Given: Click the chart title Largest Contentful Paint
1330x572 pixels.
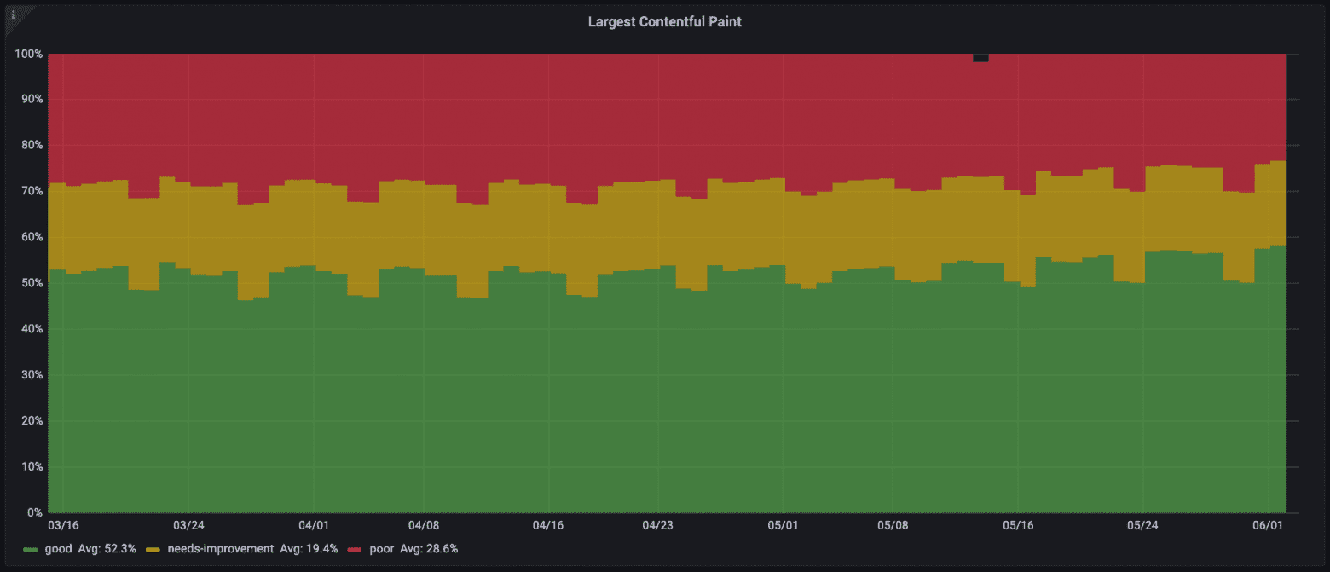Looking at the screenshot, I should click(x=664, y=22).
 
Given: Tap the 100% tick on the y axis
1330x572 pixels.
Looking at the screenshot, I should click(x=29, y=54).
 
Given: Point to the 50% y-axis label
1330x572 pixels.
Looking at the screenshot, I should click(x=32, y=283).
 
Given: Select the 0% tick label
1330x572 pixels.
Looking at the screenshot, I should click(x=35, y=512).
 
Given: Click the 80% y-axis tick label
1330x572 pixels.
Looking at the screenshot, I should click(x=32, y=145).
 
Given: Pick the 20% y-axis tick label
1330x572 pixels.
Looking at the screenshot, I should click(x=32, y=420).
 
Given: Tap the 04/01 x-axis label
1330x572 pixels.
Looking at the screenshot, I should click(x=314, y=525).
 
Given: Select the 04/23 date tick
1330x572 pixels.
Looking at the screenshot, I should click(x=657, y=525).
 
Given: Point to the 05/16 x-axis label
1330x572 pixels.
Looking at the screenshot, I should click(x=1017, y=525).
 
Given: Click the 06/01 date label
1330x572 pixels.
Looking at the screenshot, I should click(x=1269, y=525).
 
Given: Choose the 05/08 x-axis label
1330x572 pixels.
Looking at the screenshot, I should click(x=892, y=525).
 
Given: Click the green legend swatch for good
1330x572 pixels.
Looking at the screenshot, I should click(x=31, y=549).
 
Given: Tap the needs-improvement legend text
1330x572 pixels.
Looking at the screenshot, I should click(x=219, y=549).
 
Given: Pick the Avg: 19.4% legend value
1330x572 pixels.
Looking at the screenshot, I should click(x=309, y=549).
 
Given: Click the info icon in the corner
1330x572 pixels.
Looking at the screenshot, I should click(x=13, y=14).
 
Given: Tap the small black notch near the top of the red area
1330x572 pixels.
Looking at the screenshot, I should click(x=980, y=58).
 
